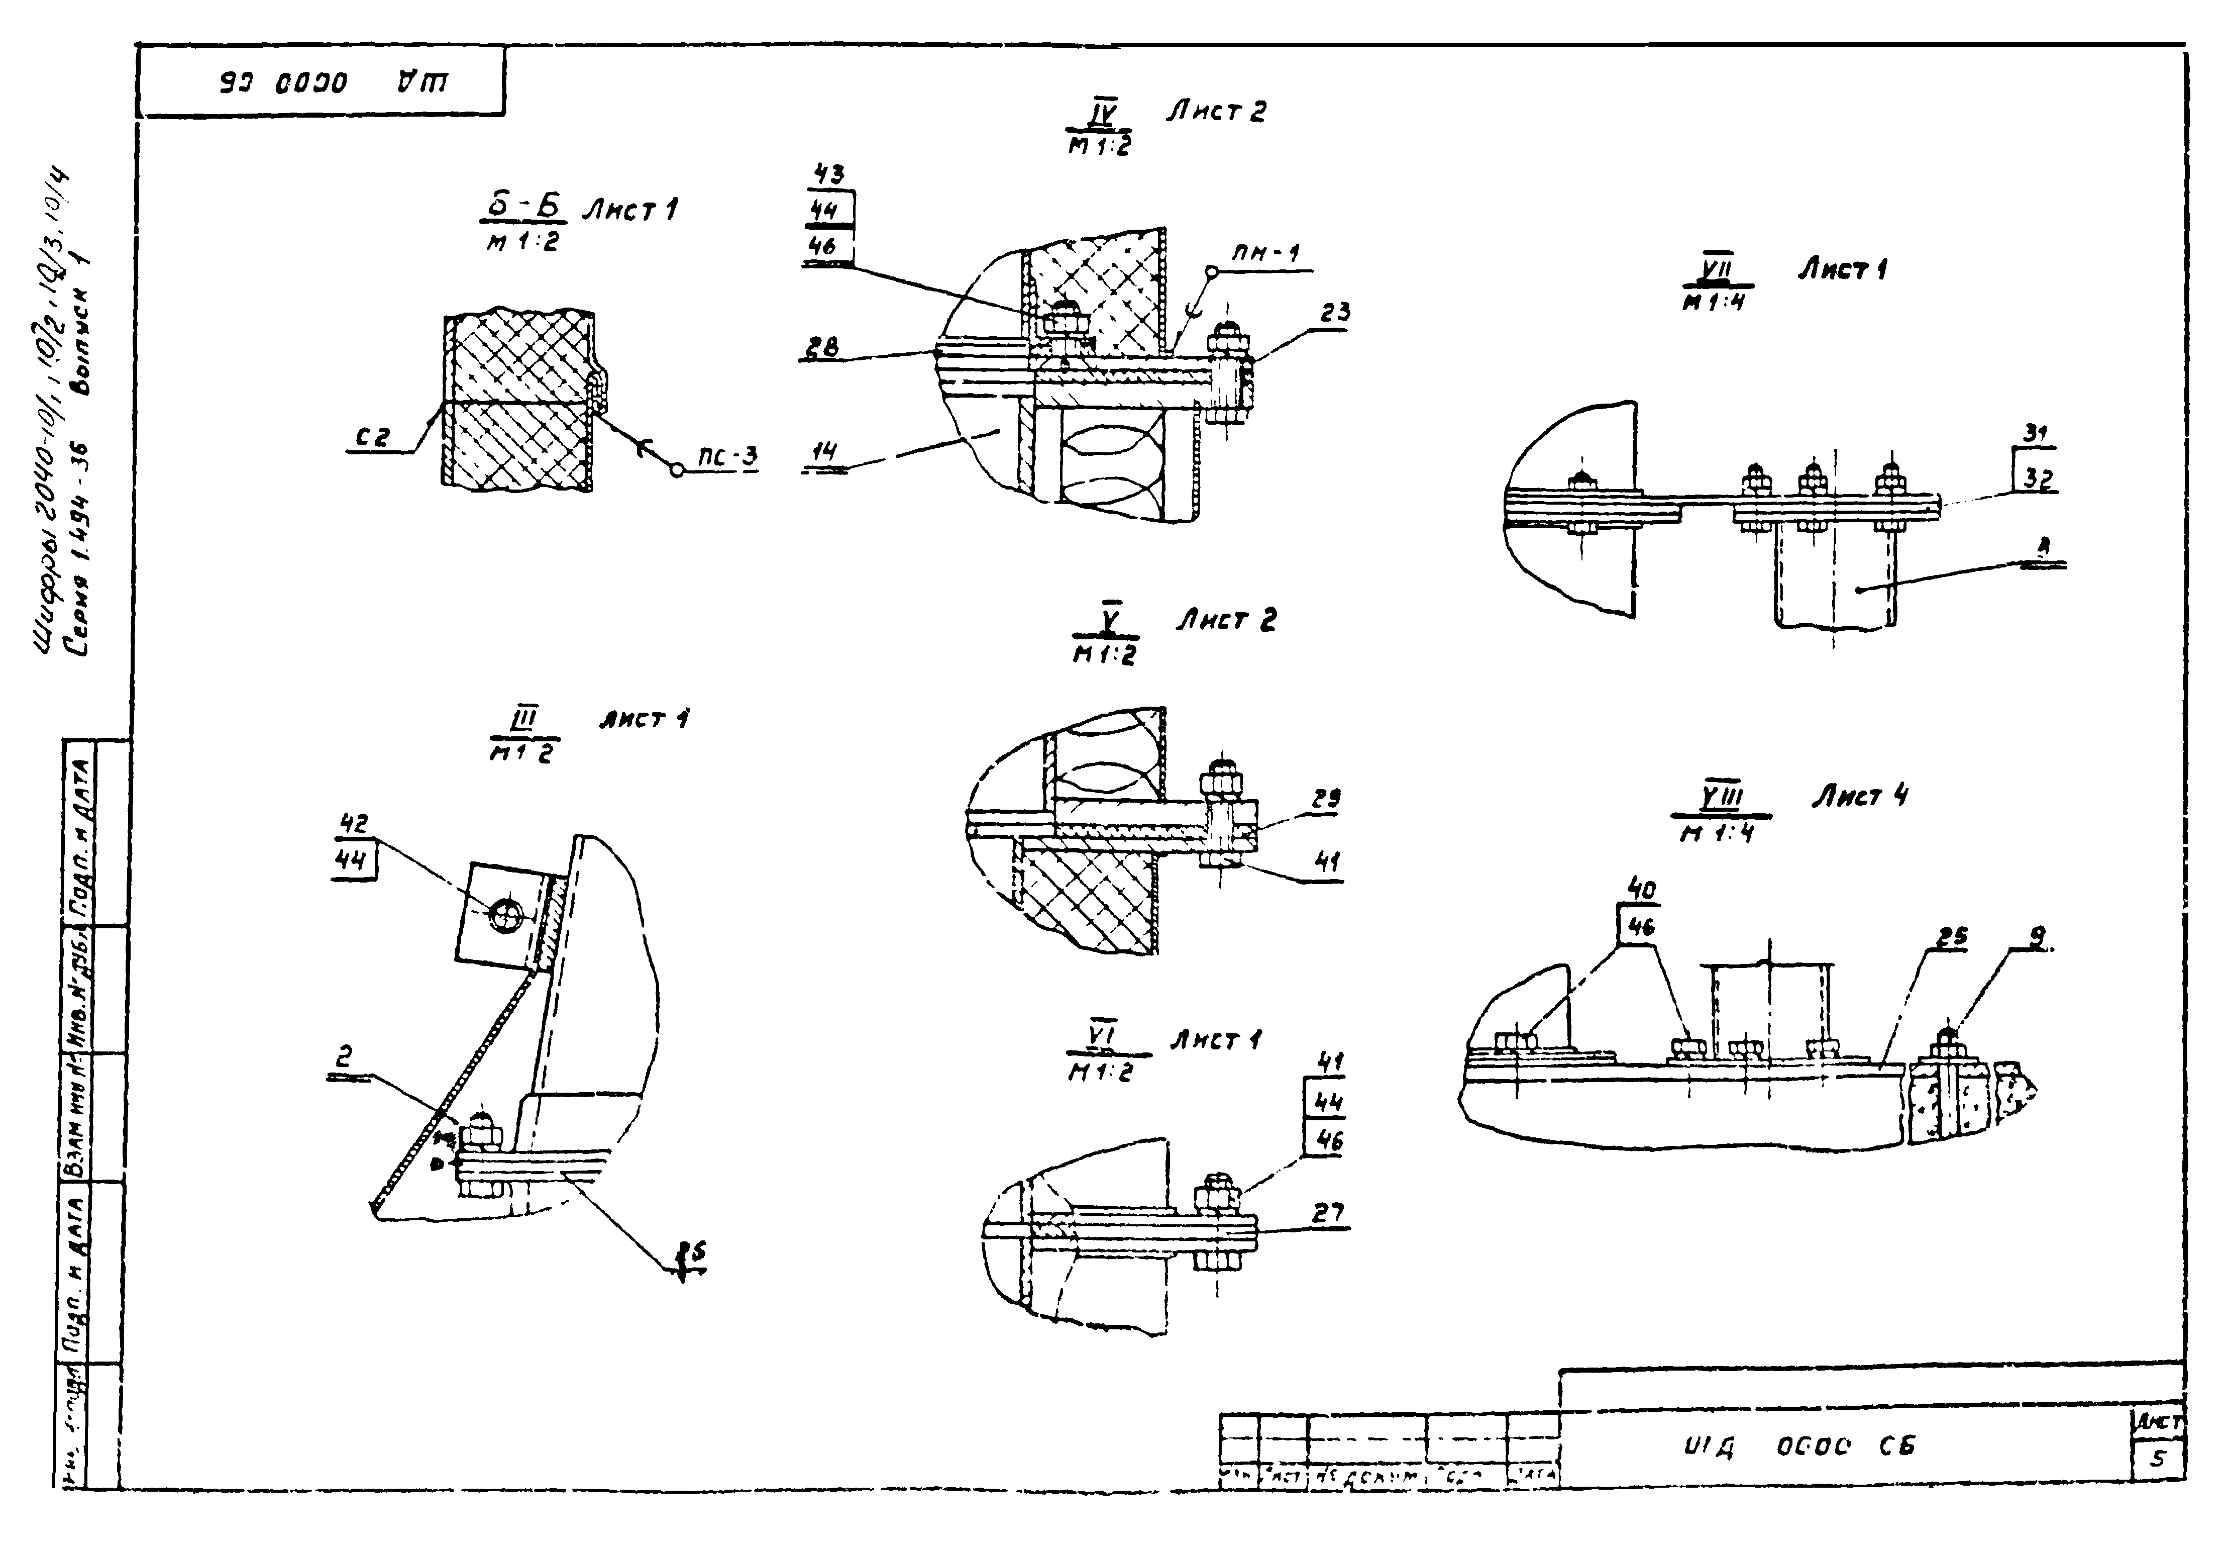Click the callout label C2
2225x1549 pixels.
tap(371, 438)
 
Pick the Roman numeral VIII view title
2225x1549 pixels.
tap(1721, 798)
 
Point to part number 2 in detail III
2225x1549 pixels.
tap(344, 1057)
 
